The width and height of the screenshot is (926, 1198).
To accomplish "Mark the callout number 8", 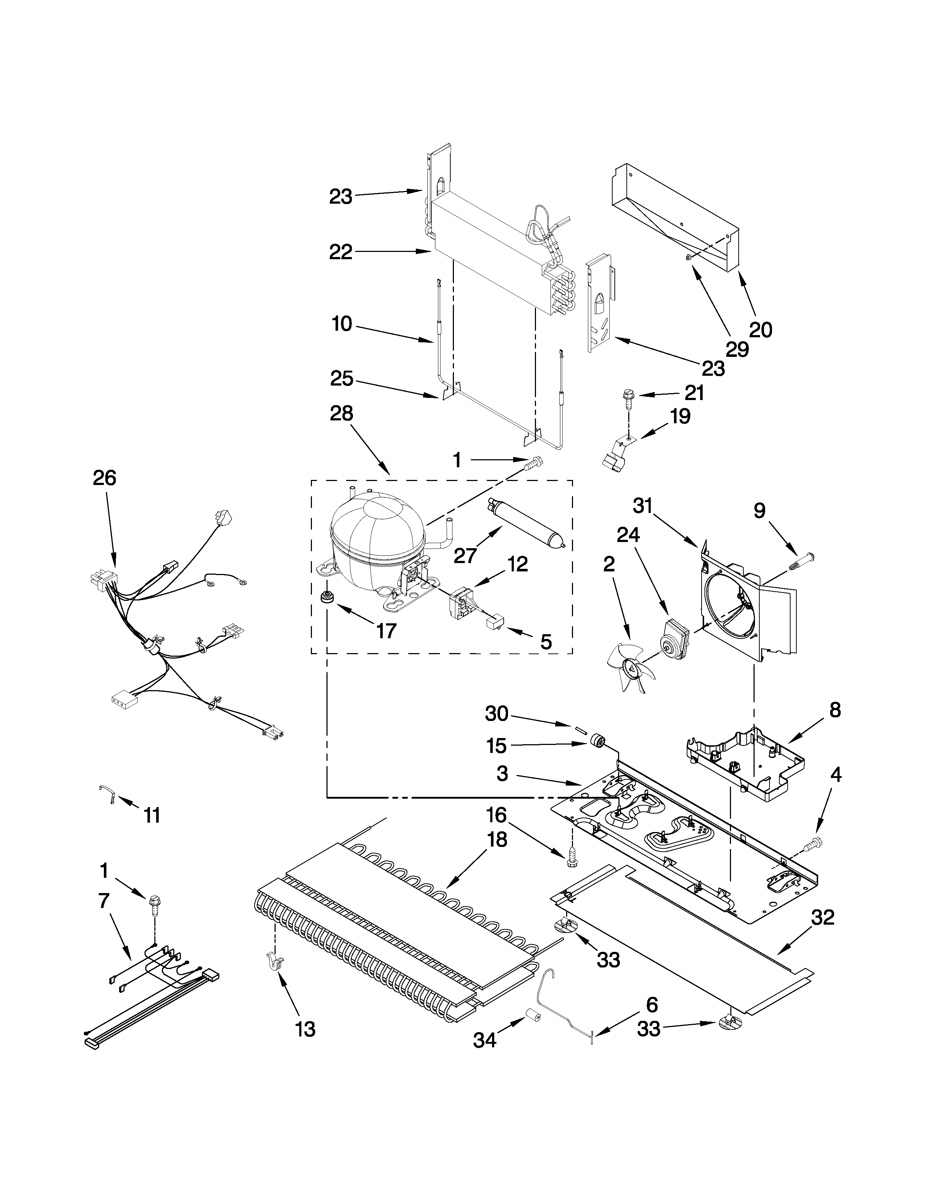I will click(x=834, y=710).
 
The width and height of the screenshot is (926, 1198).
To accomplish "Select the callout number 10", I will click(x=342, y=324).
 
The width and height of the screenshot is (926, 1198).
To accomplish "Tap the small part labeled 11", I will click(x=106, y=795).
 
